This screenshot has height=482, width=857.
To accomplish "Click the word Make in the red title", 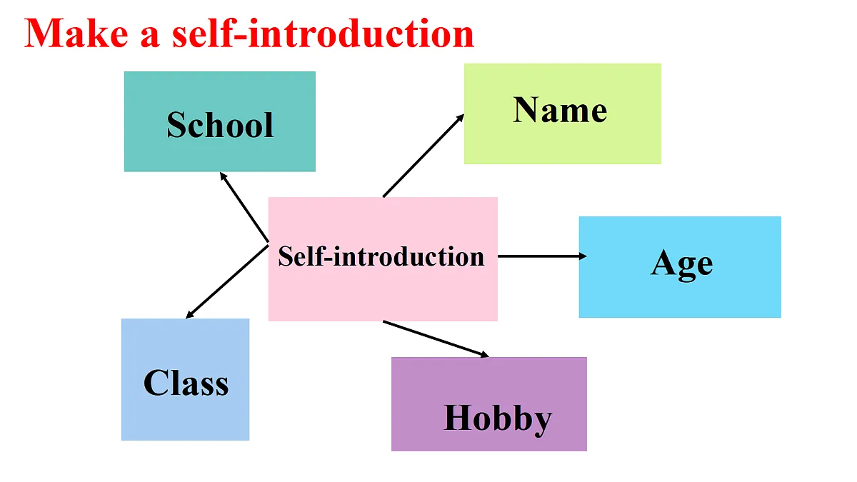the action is pos(76,34).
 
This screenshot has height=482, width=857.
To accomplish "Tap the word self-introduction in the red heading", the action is pos(324,34).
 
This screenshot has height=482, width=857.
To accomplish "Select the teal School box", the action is pos(220,121).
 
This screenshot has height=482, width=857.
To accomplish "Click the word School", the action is pos(221,125).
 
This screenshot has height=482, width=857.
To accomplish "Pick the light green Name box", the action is pos(563,114).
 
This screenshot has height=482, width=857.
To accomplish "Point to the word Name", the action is pos(560,110).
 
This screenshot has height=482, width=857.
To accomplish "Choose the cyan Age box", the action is pos(680,267).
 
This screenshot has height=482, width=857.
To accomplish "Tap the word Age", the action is pos(682,265).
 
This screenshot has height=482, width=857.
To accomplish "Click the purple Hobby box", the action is pos(489,404).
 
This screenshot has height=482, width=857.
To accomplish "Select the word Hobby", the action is pos(498,420).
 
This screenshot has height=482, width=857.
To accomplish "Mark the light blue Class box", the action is pos(186,379).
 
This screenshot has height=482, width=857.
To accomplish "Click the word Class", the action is pos(186,382).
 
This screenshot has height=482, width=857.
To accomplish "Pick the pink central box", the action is pos(383,259).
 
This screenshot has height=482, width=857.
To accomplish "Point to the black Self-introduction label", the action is pos(381,256).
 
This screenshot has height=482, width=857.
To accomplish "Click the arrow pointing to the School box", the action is pos(244,207).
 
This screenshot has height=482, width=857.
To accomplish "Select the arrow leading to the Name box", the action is pos(424,156).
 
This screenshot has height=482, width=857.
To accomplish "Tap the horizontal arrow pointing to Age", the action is pos(542,256).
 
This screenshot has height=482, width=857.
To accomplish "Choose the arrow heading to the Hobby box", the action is pos(436,339).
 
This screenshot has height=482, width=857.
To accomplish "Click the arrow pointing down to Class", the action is pos(227,281).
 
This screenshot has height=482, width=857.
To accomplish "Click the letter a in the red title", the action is pos(149,37).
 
